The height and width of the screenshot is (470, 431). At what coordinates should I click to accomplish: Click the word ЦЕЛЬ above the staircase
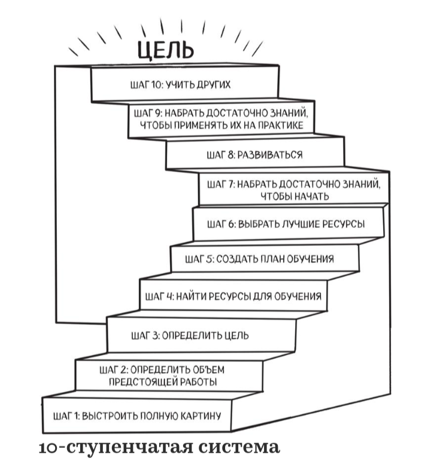tap(165, 50)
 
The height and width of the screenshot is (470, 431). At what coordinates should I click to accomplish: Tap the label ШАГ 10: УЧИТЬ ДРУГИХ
tap(180, 84)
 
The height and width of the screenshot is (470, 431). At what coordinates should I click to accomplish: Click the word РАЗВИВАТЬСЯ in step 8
tap(270, 155)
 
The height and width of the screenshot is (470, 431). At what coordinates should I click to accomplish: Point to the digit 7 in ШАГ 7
tap(231, 184)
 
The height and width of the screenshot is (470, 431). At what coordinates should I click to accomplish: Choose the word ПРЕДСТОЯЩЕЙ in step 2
tap(141, 382)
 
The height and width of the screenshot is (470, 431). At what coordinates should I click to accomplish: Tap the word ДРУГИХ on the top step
tap(214, 84)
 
